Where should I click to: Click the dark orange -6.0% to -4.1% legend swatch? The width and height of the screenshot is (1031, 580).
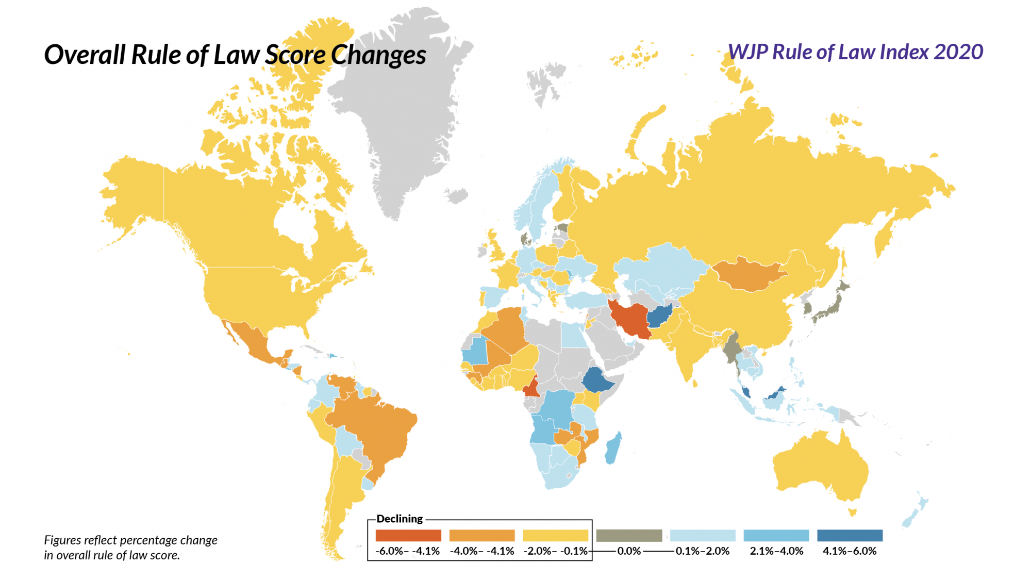pos(408,536)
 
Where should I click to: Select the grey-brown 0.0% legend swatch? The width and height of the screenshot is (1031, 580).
pos(629,536)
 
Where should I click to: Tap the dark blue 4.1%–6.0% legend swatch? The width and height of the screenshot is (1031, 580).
pos(850,536)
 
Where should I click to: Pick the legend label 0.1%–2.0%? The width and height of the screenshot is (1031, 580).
pos(703,551)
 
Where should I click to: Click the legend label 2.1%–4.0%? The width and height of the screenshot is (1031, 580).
pos(776,551)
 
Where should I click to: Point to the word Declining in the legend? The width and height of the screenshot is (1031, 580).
pos(400,519)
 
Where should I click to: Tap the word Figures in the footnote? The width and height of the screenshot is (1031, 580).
pos(62,540)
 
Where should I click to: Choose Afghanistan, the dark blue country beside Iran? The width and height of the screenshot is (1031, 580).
pos(660,316)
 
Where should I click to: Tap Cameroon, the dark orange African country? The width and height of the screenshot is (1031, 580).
pos(531,388)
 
